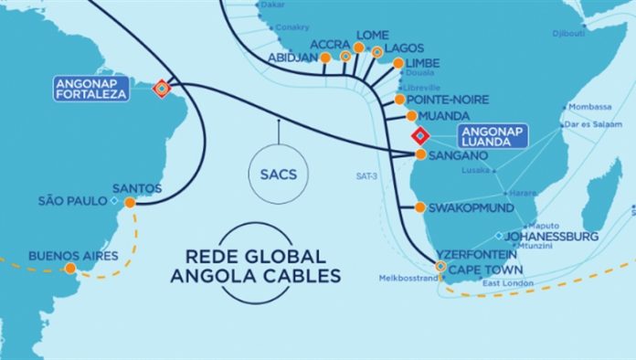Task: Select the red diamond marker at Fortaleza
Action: (x=163, y=89)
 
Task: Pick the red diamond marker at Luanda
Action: (x=419, y=136)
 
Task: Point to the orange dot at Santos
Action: (x=131, y=203)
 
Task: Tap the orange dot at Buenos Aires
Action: (x=69, y=269)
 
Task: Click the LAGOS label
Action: (x=405, y=48)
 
